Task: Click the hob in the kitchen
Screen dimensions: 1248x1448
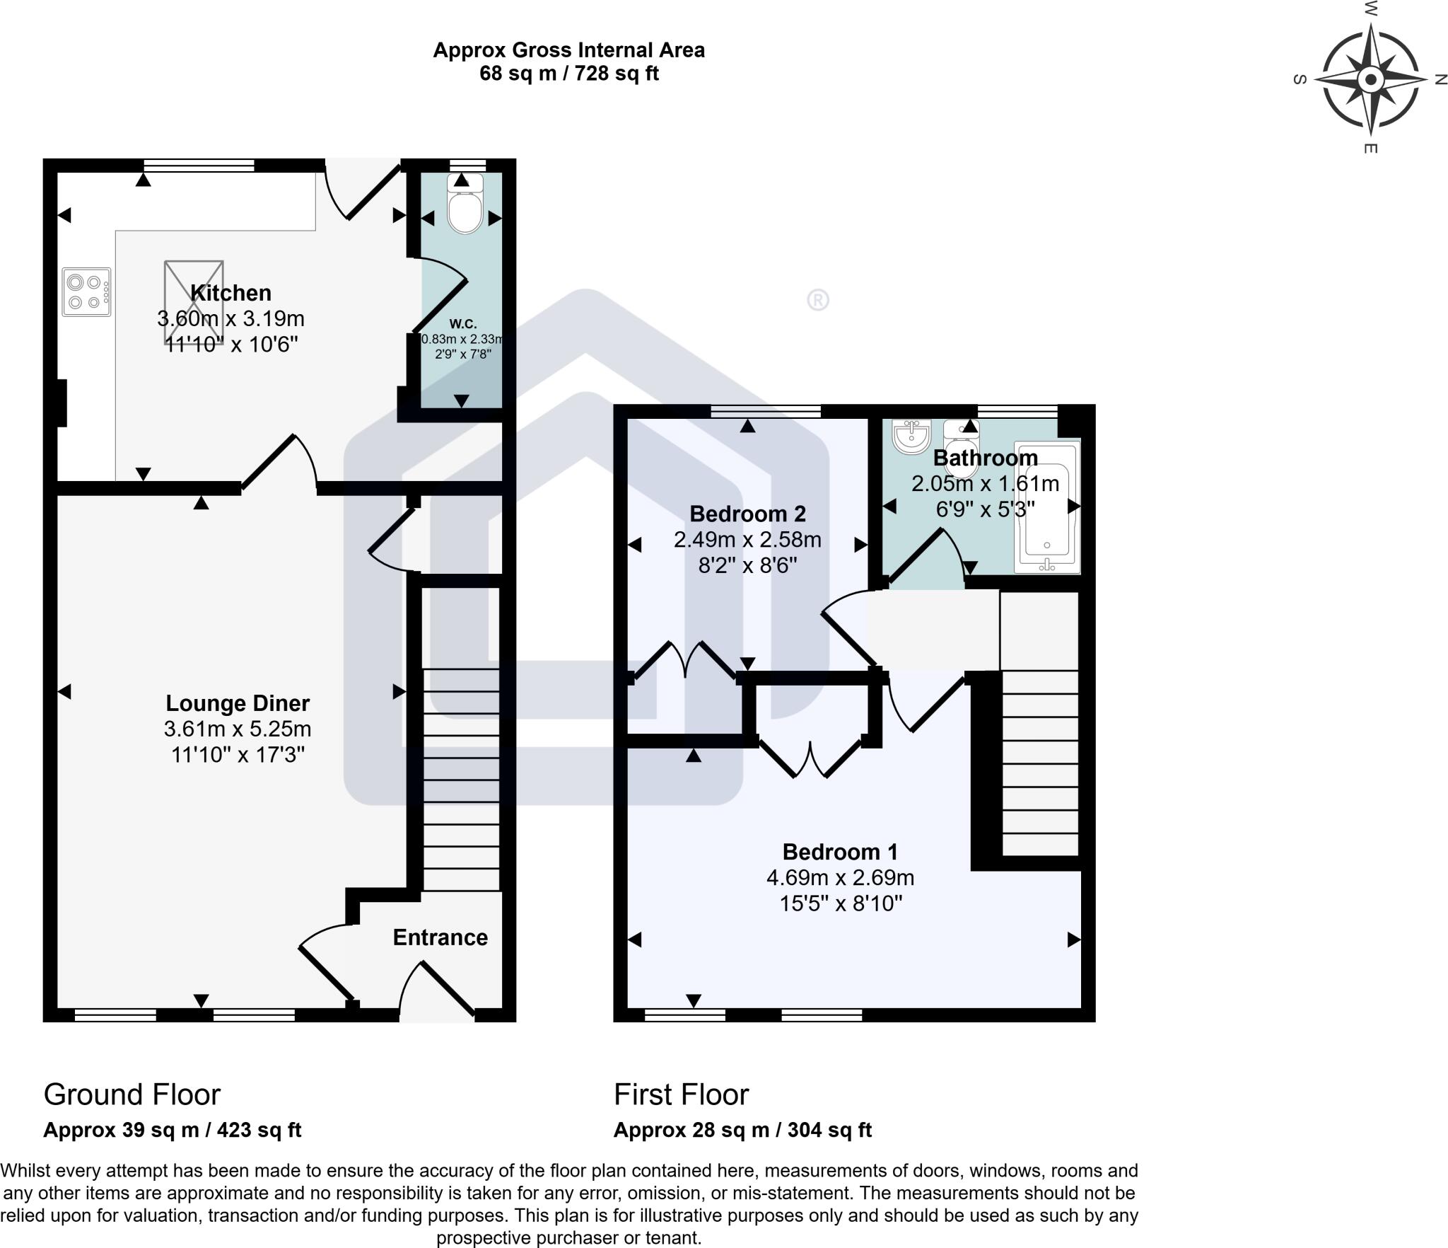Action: (x=86, y=291)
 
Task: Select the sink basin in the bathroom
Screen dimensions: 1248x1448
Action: (x=911, y=437)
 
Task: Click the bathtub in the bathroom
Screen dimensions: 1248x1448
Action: (x=1047, y=506)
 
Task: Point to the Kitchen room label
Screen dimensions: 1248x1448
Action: (x=230, y=293)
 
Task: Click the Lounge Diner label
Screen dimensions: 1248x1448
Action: (x=238, y=703)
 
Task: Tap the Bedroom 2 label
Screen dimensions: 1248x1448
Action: (x=747, y=514)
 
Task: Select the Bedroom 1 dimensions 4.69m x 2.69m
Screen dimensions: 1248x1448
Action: (x=840, y=878)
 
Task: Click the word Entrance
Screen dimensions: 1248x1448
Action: (x=440, y=937)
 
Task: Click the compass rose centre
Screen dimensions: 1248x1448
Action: (x=1370, y=79)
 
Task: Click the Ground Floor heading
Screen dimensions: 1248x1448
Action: (x=132, y=1094)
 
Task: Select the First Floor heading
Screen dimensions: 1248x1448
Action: (x=681, y=1094)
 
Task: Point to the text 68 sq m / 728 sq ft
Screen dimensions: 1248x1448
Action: (x=568, y=74)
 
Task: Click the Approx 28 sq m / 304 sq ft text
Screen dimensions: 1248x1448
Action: (x=742, y=1130)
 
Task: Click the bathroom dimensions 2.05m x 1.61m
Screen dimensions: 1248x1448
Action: (x=985, y=484)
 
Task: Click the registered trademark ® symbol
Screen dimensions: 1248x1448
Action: (x=817, y=301)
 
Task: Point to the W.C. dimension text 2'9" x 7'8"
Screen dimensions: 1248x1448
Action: (x=462, y=354)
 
